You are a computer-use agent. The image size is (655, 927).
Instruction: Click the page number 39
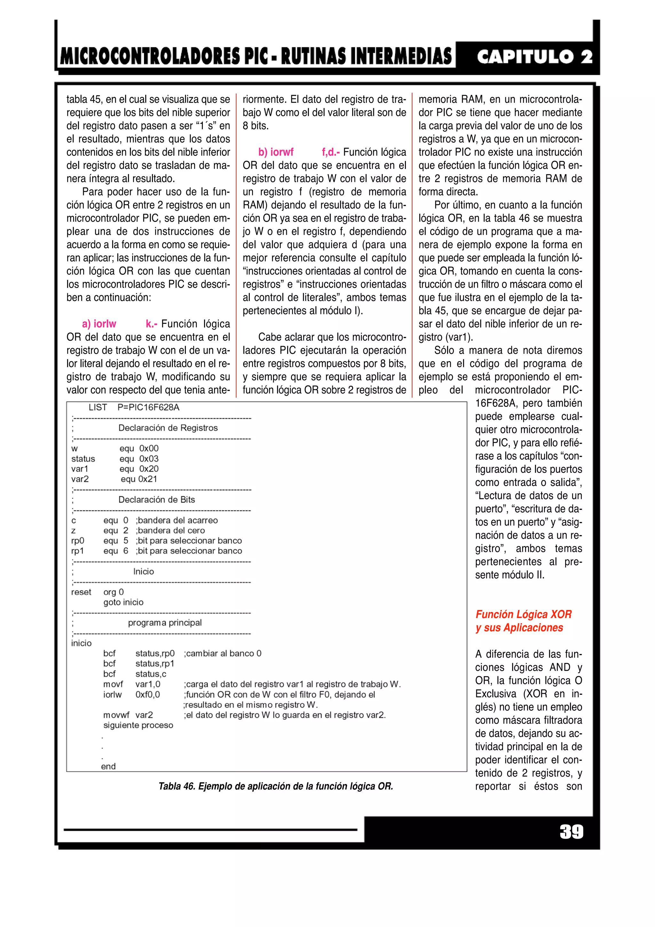(571, 832)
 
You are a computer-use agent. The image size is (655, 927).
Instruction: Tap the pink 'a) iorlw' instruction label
(99, 324)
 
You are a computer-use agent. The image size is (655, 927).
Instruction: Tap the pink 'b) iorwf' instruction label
(276, 152)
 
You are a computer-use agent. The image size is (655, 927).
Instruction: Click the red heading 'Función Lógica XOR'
(524, 614)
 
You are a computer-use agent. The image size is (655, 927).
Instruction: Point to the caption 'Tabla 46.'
(176, 786)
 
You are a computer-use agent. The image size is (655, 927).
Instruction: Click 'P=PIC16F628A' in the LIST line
(148, 408)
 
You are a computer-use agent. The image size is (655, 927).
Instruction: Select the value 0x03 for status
(149, 459)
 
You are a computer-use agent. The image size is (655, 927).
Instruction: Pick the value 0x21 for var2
(148, 479)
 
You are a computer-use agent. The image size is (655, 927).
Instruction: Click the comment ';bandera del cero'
(170, 531)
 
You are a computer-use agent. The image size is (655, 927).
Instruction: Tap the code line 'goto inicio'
(123, 602)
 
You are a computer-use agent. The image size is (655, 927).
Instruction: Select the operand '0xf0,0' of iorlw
(147, 694)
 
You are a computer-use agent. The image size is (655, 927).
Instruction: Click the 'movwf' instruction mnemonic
(116, 715)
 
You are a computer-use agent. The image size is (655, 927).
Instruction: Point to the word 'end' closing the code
(108, 766)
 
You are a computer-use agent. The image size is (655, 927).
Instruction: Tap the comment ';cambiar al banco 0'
(222, 653)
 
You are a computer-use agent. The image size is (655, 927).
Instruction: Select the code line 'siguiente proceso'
(138, 725)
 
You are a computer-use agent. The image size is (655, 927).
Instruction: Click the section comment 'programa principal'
(165, 622)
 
